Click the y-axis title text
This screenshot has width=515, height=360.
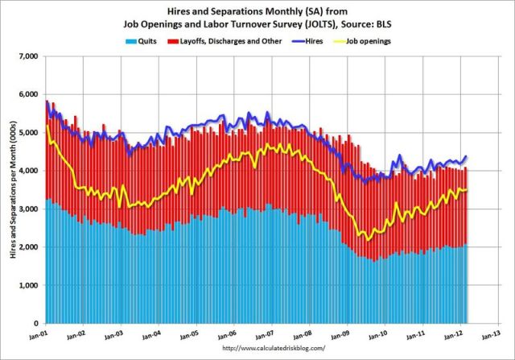point(10,189)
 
